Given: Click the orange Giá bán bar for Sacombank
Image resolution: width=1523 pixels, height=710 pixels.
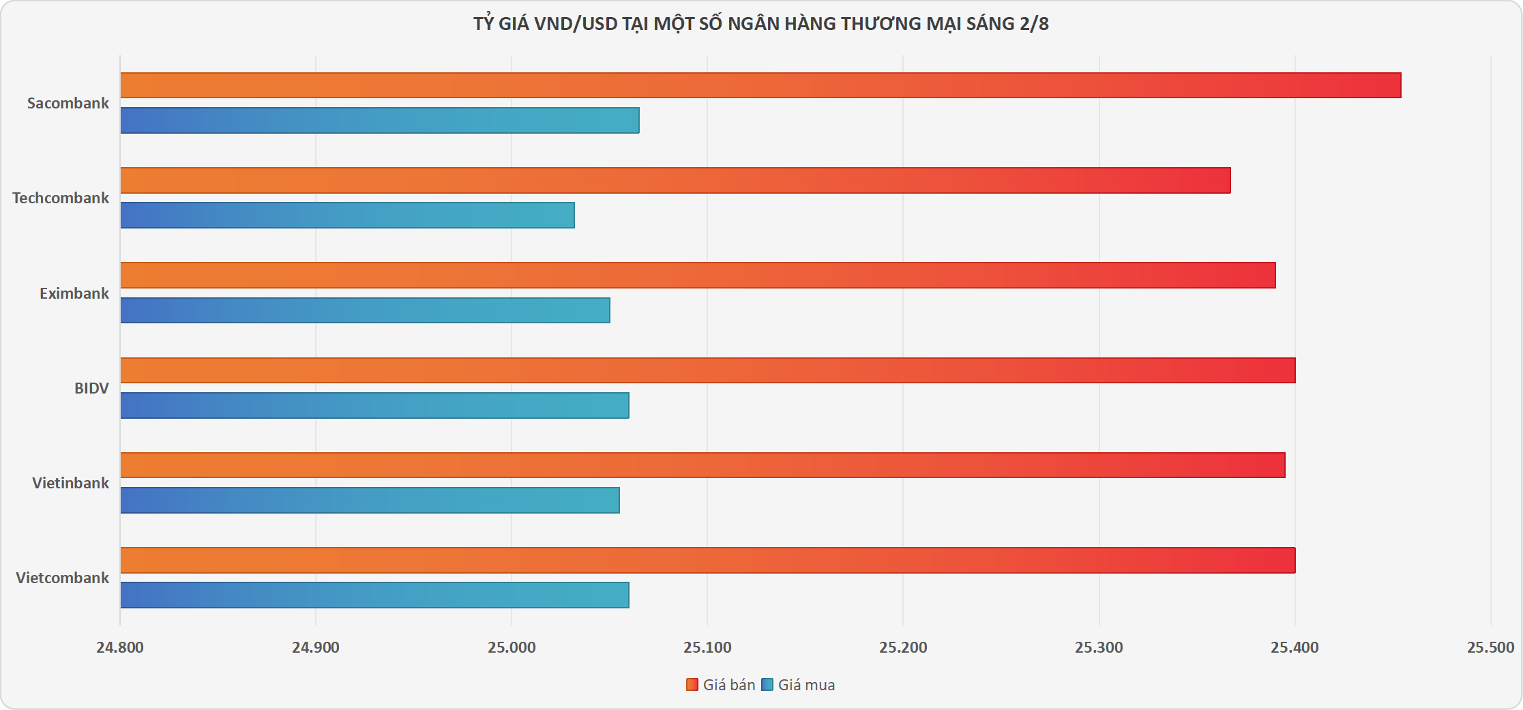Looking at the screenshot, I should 760,85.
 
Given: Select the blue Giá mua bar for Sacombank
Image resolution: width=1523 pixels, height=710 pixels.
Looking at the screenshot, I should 380,120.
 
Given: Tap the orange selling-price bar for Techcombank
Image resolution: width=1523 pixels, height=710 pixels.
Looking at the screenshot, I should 675,180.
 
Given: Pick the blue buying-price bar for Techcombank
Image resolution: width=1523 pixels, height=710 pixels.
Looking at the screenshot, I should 347,215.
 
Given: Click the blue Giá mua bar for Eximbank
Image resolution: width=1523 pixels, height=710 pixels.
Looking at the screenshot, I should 365,310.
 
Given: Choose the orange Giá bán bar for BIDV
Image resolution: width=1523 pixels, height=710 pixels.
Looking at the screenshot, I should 708,370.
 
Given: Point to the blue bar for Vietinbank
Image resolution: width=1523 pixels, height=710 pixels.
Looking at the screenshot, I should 370,500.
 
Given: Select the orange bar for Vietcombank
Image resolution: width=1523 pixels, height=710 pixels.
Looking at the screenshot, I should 708,560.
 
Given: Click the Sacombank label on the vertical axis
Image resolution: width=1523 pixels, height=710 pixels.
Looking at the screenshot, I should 68,103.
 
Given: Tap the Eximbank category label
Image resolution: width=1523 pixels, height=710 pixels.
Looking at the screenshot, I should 74,293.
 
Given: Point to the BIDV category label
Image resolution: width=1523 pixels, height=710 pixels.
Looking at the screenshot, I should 91,388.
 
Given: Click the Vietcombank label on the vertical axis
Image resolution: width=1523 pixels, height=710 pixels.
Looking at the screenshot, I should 63,578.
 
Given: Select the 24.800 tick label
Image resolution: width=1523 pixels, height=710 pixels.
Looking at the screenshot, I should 120,647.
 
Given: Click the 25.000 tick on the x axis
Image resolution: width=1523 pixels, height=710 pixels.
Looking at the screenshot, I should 512,647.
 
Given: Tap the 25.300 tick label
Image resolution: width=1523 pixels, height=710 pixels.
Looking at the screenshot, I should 1099,647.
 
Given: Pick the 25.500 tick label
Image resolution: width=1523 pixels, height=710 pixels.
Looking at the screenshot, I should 1490,647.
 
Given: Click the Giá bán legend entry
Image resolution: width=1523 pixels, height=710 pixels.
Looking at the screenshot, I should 721,685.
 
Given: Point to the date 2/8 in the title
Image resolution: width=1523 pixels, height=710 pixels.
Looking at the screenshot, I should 1034,24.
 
